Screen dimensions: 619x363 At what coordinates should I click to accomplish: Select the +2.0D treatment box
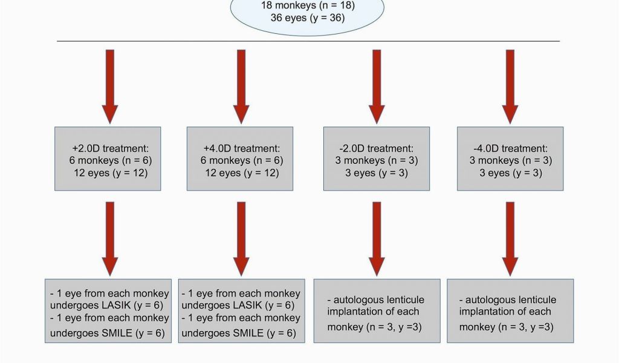[108, 159]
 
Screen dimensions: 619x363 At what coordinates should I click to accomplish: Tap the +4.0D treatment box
[240, 159]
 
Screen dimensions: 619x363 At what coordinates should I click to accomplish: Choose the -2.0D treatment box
[377, 159]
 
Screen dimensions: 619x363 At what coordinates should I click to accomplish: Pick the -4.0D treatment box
[510, 159]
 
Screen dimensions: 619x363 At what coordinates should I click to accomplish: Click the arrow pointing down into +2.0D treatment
[110, 87]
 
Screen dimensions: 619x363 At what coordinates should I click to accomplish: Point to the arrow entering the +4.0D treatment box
[241, 87]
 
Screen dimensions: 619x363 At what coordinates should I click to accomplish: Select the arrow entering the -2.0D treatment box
[377, 87]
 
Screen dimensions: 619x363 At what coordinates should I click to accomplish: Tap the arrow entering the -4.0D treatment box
[510, 87]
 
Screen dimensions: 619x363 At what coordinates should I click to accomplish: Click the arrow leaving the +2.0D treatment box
[110, 239]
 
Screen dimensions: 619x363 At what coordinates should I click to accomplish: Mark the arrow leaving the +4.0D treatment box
[241, 239]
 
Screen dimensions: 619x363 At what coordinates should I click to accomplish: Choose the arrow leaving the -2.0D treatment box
[377, 239]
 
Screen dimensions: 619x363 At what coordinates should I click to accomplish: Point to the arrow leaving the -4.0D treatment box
[510, 239]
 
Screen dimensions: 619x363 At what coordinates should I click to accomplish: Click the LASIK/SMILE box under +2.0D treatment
[108, 311]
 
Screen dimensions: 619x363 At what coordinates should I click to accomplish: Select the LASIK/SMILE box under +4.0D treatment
[242, 311]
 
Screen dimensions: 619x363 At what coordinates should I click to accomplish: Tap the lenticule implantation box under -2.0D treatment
[377, 311]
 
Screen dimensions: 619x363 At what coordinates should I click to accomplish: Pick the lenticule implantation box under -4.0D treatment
[510, 311]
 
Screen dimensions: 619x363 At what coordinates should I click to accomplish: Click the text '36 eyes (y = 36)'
[308, 18]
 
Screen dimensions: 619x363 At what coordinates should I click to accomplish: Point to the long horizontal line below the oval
[308, 41]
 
